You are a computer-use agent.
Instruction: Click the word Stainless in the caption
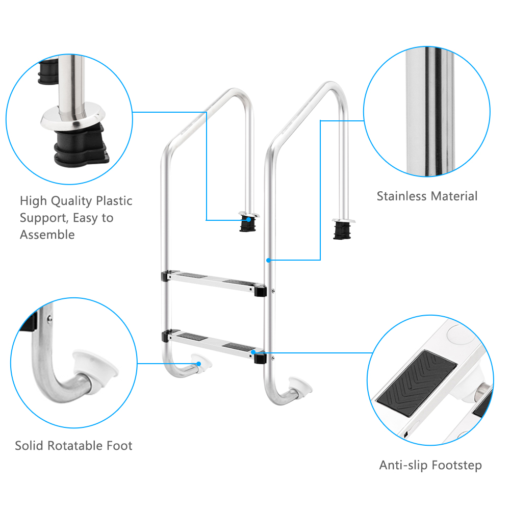pyautogui.click(x=401, y=196)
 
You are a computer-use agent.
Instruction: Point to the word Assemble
pyautogui.click(x=47, y=235)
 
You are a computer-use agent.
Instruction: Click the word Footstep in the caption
pyautogui.click(x=456, y=465)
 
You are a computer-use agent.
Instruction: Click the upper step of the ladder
pyautogui.click(x=214, y=279)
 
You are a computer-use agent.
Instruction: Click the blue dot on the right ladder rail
pyautogui.click(x=268, y=260)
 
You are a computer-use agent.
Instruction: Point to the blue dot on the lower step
pyautogui.click(x=253, y=352)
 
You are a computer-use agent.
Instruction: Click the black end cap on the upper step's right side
pyautogui.click(x=260, y=291)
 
